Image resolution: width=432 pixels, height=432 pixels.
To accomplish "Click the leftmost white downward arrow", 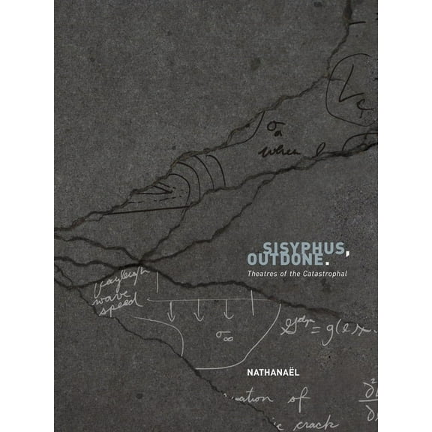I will point(171,310).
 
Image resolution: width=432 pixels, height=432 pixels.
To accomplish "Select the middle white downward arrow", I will point(199,310).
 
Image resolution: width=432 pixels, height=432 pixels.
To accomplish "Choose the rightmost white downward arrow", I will point(226,310).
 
